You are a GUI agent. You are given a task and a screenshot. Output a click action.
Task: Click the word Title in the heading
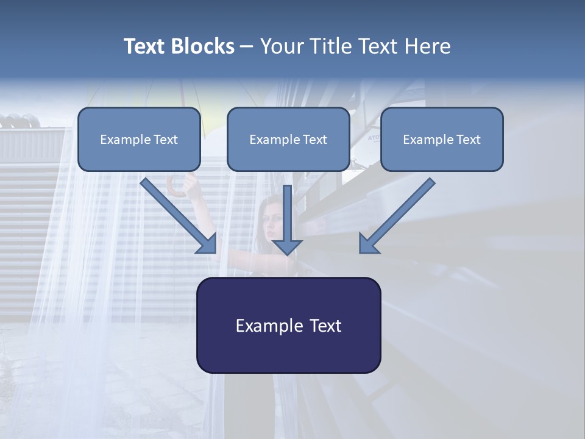pos(329,46)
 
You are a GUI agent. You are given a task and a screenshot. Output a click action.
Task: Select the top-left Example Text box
pos(139,139)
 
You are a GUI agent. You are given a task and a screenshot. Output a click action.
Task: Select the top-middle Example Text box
pos(288,139)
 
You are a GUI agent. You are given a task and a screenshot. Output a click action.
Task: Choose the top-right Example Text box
pos(442,139)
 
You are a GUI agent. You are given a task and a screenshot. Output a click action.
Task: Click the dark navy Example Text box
pos(288,325)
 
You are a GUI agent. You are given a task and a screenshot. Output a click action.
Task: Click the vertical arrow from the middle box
pos(287,213)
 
